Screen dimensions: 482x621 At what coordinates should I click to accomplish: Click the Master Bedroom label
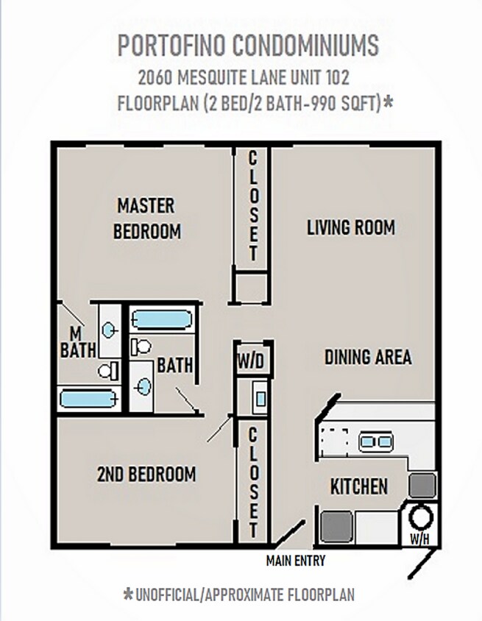click(x=146, y=219)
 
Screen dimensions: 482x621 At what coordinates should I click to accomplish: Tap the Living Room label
click(x=351, y=227)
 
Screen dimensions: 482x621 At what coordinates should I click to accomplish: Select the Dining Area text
click(x=368, y=357)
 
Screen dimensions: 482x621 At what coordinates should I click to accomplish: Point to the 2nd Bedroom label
click(x=146, y=474)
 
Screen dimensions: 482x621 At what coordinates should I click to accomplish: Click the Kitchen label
click(x=359, y=486)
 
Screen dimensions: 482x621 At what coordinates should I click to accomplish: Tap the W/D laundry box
click(x=251, y=361)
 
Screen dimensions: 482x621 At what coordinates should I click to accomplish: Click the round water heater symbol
click(x=421, y=517)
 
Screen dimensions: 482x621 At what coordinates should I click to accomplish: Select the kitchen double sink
click(x=375, y=441)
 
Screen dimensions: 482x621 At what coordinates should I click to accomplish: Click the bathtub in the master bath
click(x=89, y=399)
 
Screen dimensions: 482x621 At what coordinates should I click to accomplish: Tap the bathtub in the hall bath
click(x=162, y=319)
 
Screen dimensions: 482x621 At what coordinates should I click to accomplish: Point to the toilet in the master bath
click(x=108, y=371)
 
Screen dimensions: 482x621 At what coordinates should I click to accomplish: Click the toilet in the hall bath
click(x=141, y=347)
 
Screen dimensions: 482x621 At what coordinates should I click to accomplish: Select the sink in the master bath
click(x=108, y=330)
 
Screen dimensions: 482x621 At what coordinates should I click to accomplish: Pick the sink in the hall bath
click(x=143, y=386)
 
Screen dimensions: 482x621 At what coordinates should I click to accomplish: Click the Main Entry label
click(x=296, y=561)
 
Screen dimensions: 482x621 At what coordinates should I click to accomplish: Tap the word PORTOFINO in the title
click(x=172, y=45)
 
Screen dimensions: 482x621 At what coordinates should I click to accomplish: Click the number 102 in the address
click(x=338, y=77)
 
